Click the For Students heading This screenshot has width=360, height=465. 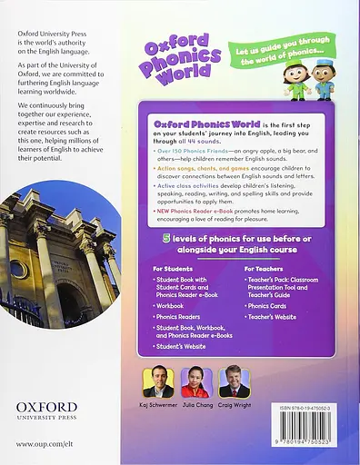pos(174,269)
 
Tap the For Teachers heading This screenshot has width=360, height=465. pos(265,269)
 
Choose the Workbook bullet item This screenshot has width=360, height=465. pos(171,306)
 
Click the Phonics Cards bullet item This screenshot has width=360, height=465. pos(270,306)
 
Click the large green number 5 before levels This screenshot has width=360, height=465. pos(155,237)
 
